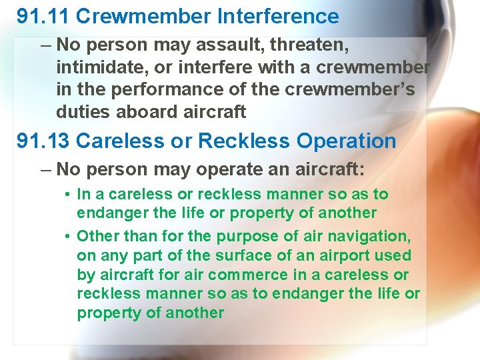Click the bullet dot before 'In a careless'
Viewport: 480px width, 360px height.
click(69, 195)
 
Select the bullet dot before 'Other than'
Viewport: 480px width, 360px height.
click(69, 236)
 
